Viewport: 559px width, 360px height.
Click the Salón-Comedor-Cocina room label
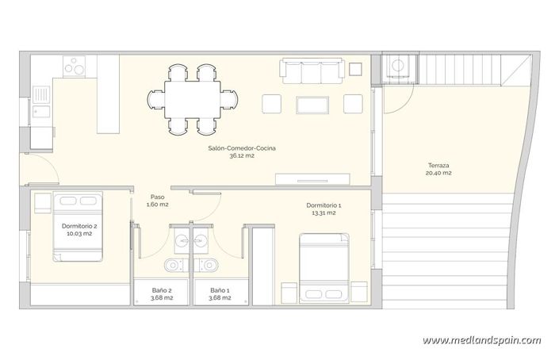(x=241, y=147)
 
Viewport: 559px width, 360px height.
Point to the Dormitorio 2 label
(x=79, y=226)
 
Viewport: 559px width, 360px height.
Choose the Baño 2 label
(x=162, y=290)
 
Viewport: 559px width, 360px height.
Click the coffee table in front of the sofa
(x=312, y=104)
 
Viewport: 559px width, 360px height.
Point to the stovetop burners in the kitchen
(x=75, y=66)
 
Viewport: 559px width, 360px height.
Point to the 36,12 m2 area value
(x=241, y=155)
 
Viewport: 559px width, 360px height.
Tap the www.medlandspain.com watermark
(x=481, y=340)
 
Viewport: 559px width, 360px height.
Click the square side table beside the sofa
(x=354, y=69)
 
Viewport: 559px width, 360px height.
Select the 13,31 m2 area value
(x=323, y=213)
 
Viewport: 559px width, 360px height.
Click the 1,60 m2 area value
(x=158, y=205)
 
